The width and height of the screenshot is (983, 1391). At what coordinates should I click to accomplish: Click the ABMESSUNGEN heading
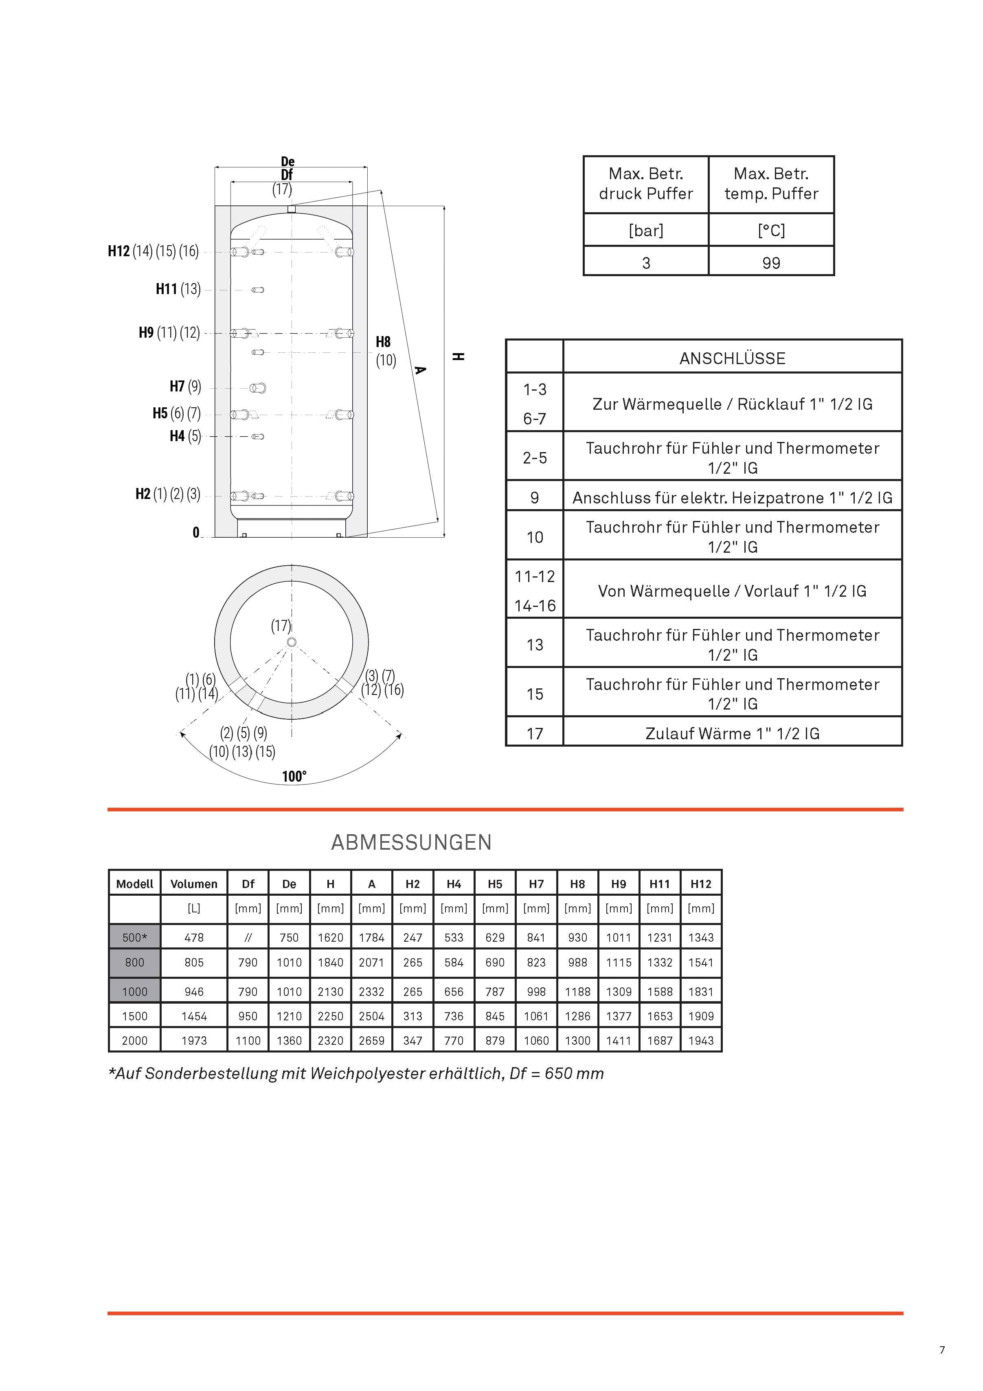tap(411, 842)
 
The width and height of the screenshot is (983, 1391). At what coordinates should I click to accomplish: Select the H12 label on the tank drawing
tap(119, 251)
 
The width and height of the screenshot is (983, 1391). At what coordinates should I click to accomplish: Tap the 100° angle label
tap(294, 777)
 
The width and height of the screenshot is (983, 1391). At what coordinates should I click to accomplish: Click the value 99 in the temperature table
tap(771, 263)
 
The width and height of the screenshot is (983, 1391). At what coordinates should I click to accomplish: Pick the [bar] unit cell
tap(646, 230)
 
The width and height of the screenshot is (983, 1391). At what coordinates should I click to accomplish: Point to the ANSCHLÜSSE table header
tap(732, 358)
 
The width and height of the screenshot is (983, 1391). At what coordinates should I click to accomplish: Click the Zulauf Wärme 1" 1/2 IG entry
tap(732, 734)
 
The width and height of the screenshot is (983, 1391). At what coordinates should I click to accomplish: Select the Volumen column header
tap(194, 884)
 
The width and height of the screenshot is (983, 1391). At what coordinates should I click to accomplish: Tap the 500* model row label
tap(134, 937)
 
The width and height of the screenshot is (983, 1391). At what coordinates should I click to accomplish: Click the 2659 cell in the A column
tap(371, 1040)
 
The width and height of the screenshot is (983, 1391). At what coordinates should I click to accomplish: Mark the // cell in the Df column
tap(248, 937)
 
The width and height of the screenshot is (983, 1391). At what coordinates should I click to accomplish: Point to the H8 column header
tap(577, 884)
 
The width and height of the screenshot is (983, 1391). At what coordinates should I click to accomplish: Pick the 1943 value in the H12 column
tap(701, 1040)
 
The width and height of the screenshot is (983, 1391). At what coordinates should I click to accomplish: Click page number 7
tap(942, 1350)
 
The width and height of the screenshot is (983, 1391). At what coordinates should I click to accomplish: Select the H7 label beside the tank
tap(177, 387)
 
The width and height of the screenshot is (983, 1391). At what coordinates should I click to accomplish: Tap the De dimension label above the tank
tap(288, 161)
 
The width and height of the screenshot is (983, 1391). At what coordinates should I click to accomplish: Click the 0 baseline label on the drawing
tap(195, 532)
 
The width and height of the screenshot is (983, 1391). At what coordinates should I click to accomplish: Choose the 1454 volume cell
tap(194, 1016)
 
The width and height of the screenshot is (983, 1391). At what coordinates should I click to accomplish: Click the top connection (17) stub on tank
tap(291, 209)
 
